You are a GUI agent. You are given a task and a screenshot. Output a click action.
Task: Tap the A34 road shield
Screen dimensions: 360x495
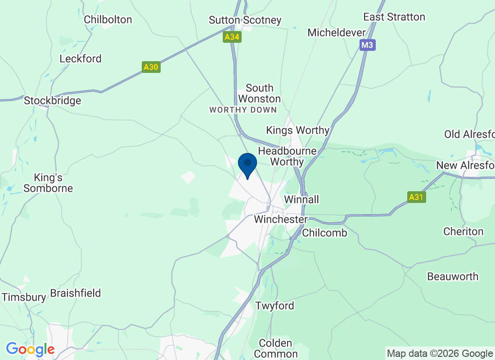click(x=232, y=37)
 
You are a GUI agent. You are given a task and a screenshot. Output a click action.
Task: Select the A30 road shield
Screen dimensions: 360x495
click(x=151, y=67)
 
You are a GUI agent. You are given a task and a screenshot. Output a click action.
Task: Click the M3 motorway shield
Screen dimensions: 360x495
click(x=367, y=45)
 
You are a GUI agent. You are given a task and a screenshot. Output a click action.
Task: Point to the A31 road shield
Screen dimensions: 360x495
click(x=417, y=197)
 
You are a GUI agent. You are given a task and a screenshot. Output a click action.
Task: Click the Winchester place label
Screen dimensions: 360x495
click(x=280, y=220)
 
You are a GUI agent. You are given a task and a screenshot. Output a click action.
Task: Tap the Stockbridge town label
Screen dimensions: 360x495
click(x=52, y=100)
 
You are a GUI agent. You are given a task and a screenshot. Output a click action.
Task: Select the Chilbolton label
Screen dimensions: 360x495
click(x=108, y=19)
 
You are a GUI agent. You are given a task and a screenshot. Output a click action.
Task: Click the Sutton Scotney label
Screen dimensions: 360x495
click(x=245, y=20)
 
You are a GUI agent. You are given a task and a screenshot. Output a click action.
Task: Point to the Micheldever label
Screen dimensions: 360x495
click(x=336, y=32)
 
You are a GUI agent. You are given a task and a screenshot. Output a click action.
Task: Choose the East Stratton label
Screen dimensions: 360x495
click(x=394, y=17)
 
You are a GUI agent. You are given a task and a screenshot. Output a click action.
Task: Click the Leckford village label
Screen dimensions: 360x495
click(x=81, y=58)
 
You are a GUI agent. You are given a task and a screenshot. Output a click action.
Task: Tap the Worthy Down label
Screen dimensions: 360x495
click(x=243, y=110)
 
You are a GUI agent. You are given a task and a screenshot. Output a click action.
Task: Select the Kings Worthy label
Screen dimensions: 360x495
click(x=297, y=130)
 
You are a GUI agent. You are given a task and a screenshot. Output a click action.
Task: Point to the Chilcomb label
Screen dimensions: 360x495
click(x=324, y=233)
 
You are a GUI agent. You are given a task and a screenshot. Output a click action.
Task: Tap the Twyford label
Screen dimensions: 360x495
click(x=274, y=306)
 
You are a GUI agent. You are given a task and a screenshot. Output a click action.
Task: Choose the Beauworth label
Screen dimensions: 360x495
click(x=453, y=276)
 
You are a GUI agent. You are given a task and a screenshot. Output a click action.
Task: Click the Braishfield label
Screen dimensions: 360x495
click(x=76, y=293)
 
